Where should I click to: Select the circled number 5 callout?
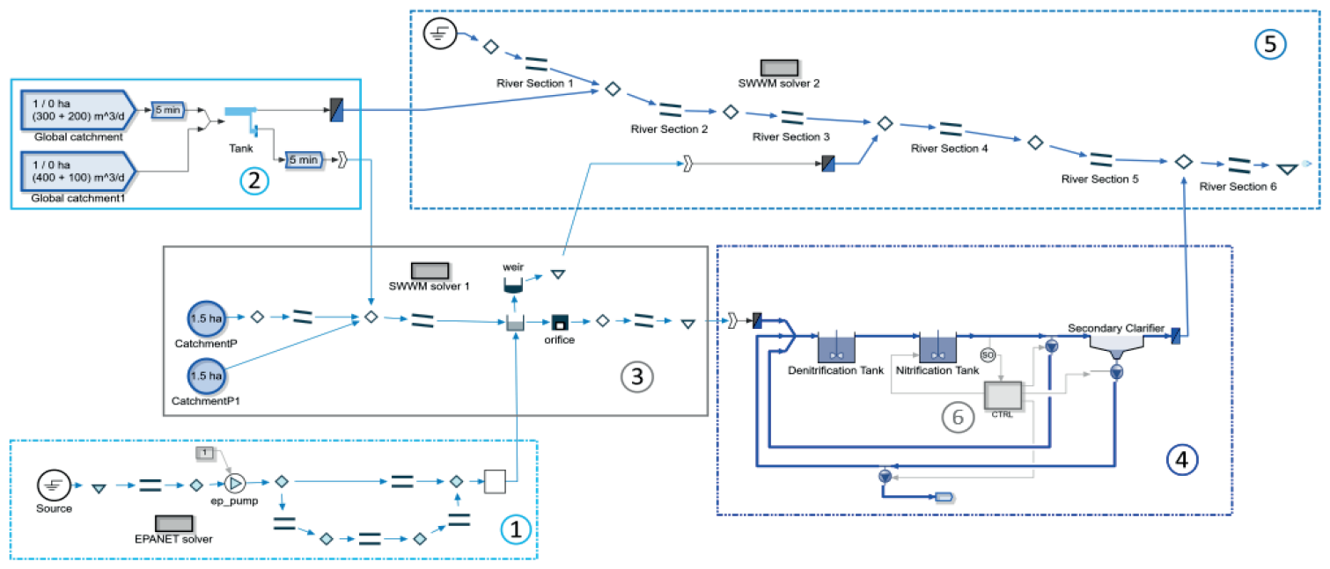[1270, 45]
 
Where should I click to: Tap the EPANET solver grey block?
[174, 524]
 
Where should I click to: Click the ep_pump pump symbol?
[235, 482]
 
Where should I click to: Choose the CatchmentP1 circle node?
[207, 376]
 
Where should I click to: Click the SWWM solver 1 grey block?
[430, 270]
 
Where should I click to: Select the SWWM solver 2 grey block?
[779, 68]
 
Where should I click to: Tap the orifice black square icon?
[559, 322]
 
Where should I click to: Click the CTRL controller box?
[1002, 395]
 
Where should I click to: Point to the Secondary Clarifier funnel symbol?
[1115, 348]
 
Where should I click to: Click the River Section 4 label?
[950, 149]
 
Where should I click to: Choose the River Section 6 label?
[1238, 186]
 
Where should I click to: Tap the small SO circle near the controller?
[988, 354]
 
